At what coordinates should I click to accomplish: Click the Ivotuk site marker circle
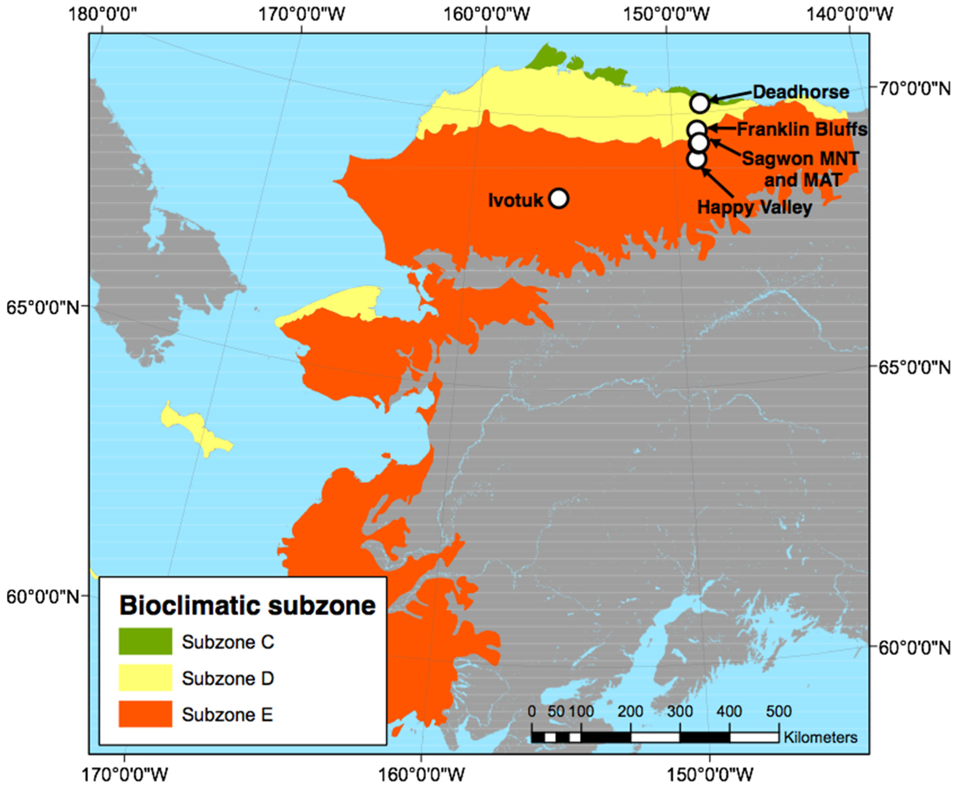(x=559, y=199)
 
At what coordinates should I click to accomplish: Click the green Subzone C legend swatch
(x=145, y=641)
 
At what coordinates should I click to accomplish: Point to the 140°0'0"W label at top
(x=849, y=14)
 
